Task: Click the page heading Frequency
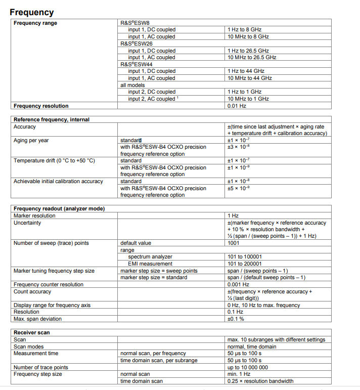tap(31, 12)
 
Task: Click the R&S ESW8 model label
tap(135, 23)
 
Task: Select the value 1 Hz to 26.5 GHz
tap(248, 51)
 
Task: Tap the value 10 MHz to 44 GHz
tap(250, 78)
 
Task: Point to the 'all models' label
tap(132, 85)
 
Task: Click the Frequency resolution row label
tap(41, 106)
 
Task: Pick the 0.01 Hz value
tap(237, 106)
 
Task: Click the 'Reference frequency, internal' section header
tap(52, 119)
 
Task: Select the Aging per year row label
tap(31, 140)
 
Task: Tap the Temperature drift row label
tap(54, 160)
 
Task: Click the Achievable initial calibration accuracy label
tap(58, 181)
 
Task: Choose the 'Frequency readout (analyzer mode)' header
tap(59, 208)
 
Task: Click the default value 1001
tap(234, 243)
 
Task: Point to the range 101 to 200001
tap(245, 264)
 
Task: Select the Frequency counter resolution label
tap(49, 284)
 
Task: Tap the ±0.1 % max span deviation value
tap(236, 319)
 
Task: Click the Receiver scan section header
tap(32, 332)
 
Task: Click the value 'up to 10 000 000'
tap(248, 367)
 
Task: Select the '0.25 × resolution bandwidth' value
tap(260, 381)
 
